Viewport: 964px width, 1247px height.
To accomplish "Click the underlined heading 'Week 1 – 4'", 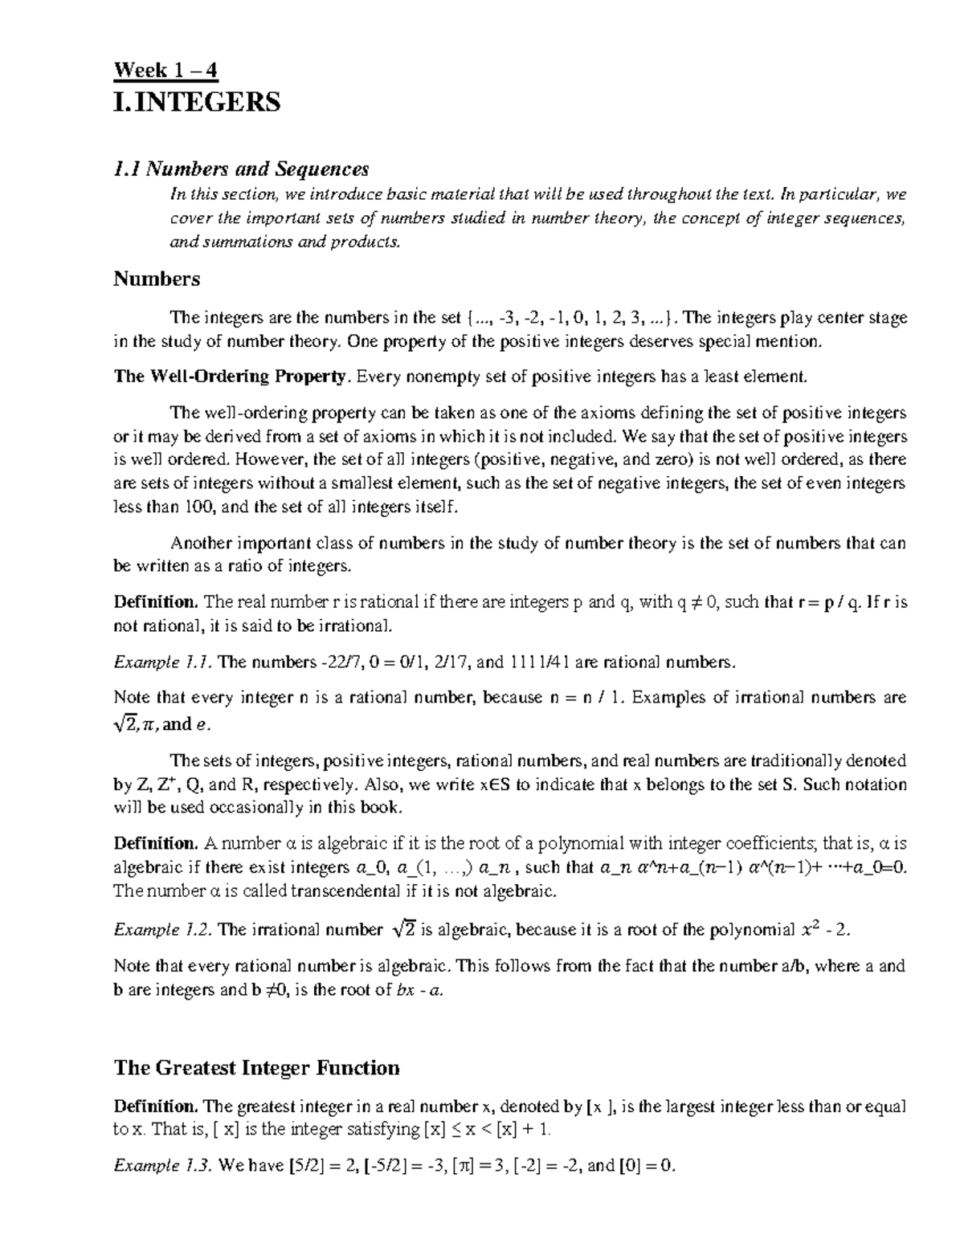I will coord(165,71).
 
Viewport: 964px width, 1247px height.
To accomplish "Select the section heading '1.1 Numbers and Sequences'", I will coord(241,169).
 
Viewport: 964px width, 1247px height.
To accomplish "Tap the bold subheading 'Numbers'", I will coord(157,279).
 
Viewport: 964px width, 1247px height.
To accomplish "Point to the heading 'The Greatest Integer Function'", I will coord(257,1068).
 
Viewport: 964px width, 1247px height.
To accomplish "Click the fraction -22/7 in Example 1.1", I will coord(340,662).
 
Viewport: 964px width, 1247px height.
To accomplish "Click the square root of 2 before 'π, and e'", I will coord(129,723).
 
